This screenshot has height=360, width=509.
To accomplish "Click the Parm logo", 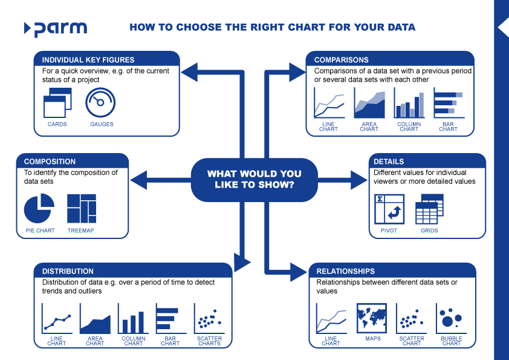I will (56, 28).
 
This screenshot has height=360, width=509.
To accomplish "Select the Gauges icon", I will (100, 103).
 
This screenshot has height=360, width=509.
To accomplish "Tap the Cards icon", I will (57, 103).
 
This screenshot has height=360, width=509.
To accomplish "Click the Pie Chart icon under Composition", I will (39, 209).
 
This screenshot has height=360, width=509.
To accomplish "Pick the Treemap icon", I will (81, 209).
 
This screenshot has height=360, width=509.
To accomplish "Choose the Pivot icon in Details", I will (389, 209).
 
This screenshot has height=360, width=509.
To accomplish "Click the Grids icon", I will (429, 209).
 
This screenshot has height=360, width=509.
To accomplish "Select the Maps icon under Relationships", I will (372, 318).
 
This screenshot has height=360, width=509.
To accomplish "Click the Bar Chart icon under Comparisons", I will (449, 103).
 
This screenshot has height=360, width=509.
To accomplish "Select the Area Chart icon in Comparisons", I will (369, 104).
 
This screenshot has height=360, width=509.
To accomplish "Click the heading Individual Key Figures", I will (88, 60).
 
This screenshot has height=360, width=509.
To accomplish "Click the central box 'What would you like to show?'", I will (254, 180).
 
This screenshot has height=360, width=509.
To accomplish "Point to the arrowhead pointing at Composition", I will (138, 180).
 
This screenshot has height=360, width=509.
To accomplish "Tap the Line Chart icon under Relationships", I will (331, 319).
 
